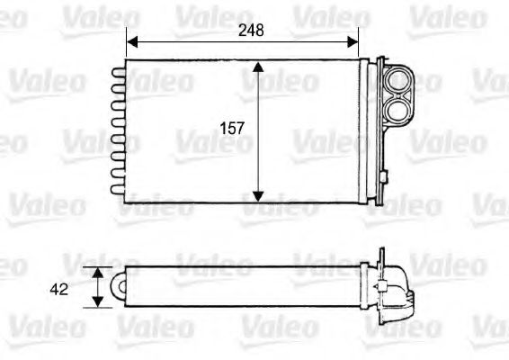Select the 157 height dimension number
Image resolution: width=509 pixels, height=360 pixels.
pos(233,129)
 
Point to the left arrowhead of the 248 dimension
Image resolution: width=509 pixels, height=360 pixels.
pos(131,41)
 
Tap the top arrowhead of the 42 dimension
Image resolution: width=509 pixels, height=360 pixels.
pos(98,271)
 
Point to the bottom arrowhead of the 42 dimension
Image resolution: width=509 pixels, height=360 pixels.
pos(98,302)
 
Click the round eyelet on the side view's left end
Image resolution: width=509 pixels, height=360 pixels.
pos(118,286)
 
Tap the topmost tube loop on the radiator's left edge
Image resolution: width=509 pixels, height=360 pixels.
pos(117,69)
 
